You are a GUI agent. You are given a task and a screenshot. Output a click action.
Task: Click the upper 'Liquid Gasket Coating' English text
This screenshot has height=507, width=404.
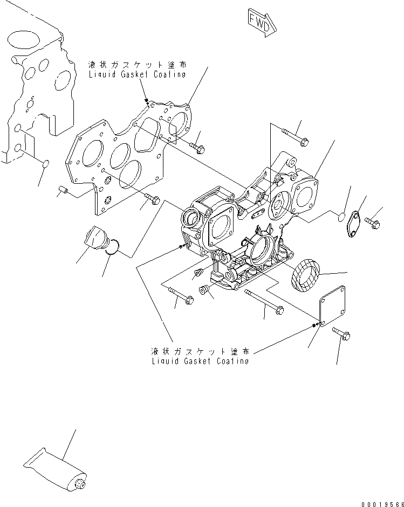tap(137, 74)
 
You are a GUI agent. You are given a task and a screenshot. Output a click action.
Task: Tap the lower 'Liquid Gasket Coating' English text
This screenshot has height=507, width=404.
tap(200, 360)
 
